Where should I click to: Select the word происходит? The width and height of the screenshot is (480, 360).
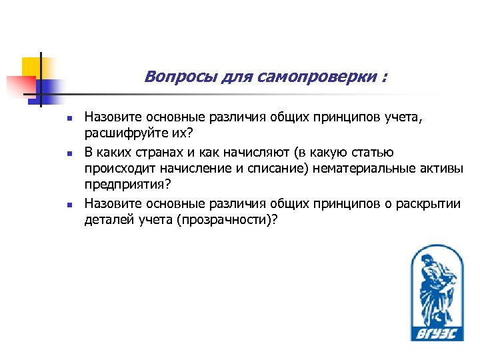pyautogui.click(x=116, y=169)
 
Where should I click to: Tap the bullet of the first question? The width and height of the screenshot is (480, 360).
pyautogui.click(x=69, y=118)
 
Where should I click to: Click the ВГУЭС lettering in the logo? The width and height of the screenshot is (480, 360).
pyautogui.click(x=435, y=332)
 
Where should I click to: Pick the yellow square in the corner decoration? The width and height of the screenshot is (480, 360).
pyautogui.click(x=33, y=66)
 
